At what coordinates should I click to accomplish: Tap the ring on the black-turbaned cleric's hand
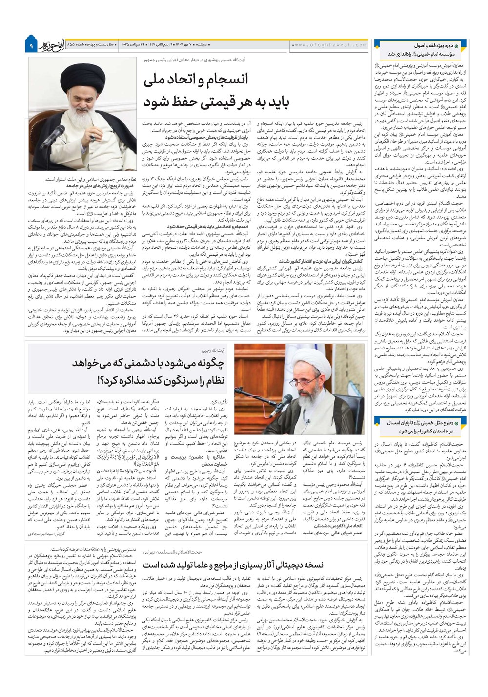click(x=92, y=138)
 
